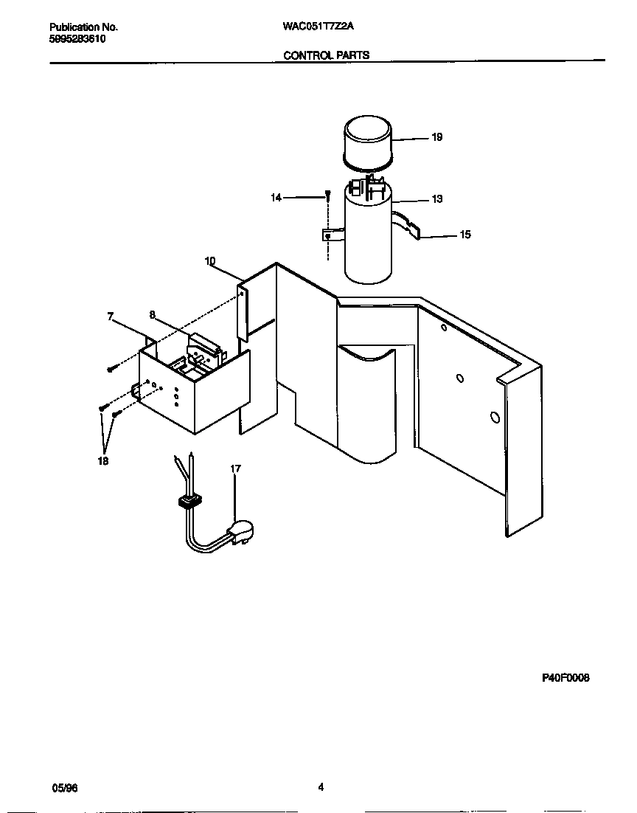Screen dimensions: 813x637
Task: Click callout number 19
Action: coord(436,137)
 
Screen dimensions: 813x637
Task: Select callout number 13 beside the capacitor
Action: coord(436,199)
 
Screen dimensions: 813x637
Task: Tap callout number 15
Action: coord(464,235)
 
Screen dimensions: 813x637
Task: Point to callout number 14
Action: coord(276,198)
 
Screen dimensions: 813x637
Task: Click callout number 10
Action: coord(210,261)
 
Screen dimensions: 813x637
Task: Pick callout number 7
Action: coord(111,316)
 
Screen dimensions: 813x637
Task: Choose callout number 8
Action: coord(153,314)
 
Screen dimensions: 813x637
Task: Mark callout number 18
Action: coord(102,461)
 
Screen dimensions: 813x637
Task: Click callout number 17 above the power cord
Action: coord(235,468)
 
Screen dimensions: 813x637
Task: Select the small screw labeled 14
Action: coord(327,196)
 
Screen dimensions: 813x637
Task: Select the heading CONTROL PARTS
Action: coord(327,55)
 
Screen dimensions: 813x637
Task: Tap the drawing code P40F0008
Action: coord(565,678)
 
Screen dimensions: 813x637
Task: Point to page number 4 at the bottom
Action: coord(321,786)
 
